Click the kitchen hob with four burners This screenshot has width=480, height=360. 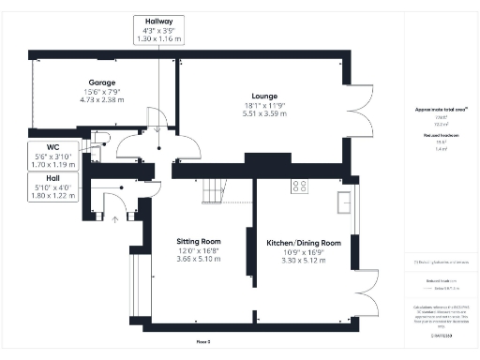click(300, 186)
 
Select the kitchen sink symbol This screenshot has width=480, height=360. click(345, 200)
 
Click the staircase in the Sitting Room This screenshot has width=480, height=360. click(215, 191)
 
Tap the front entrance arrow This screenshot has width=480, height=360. click(115, 219)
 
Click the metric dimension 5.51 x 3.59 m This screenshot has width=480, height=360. click(263, 112)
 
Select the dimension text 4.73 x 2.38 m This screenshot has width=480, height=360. click(102, 99)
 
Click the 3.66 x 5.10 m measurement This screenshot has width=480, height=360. click(199, 259)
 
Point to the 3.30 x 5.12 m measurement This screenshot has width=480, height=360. click(302, 261)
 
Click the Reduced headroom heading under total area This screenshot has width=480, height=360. click(432, 136)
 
